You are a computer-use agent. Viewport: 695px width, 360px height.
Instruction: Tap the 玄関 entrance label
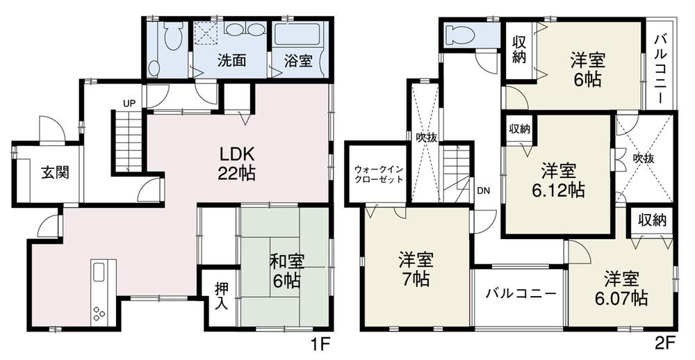pyautogui.click(x=53, y=172)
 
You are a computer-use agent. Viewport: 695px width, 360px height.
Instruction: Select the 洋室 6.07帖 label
pyautogui.click(x=621, y=289)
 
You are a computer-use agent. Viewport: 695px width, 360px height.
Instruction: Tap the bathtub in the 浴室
pyautogui.click(x=297, y=35)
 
